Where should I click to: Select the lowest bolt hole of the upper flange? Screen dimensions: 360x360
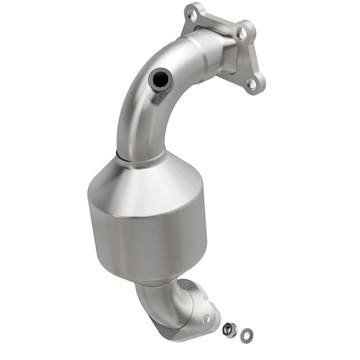click(252, 84)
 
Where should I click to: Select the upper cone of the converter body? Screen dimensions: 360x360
click(144, 180)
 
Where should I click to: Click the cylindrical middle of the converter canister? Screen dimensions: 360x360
click(147, 234)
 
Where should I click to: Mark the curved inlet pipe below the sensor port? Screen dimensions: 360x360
click(135, 120)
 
